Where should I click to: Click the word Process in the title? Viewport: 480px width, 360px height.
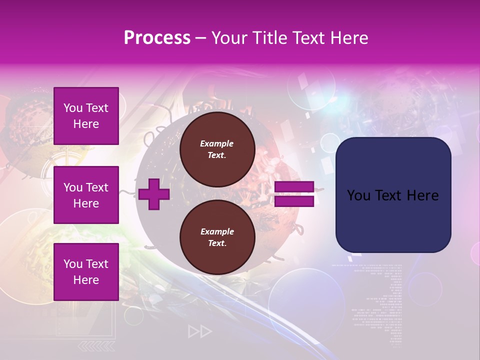(157, 37)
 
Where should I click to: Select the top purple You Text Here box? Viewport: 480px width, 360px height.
(86, 116)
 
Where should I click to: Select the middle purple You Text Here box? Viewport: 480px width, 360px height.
(86, 195)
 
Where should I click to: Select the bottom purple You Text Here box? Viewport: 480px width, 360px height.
(86, 272)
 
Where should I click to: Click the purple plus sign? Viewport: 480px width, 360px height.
(154, 194)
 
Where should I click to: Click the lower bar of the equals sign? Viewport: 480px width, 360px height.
(294, 201)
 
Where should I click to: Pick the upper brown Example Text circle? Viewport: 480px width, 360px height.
(217, 149)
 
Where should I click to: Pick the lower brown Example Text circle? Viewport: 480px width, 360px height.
(217, 237)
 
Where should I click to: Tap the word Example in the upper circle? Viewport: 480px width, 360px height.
(217, 143)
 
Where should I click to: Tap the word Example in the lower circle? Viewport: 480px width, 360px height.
(217, 231)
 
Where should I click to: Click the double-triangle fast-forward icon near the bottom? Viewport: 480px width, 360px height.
(200, 331)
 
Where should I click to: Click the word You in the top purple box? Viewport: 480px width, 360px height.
(73, 108)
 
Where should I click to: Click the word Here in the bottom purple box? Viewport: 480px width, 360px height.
(86, 280)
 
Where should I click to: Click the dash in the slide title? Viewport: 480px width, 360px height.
(201, 38)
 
